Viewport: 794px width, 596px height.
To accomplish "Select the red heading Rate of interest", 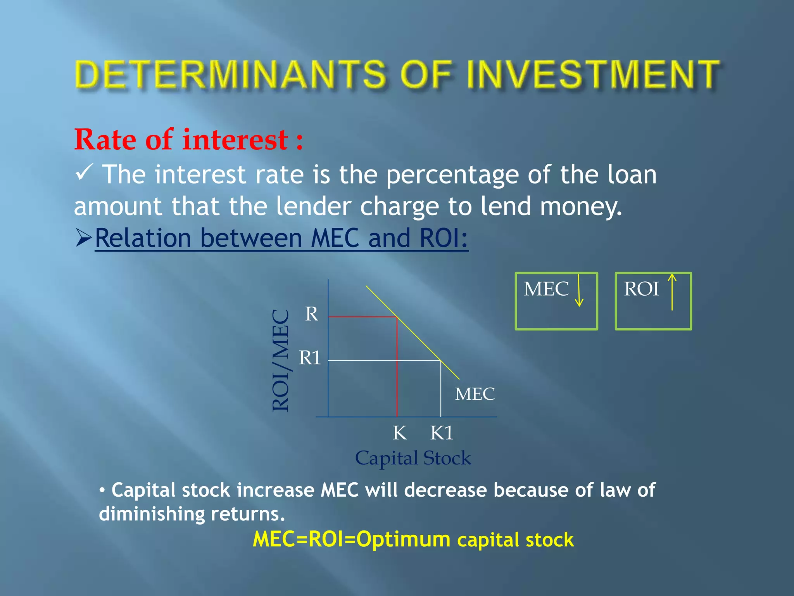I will [x=188, y=140].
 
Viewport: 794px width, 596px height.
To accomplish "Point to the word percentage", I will [x=452, y=175].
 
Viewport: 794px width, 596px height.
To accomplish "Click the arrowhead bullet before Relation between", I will [x=84, y=238].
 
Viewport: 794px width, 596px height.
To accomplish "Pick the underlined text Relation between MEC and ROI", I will [x=281, y=238].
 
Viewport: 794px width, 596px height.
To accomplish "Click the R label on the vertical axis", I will [x=311, y=314].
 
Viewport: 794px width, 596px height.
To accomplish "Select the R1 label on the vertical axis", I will [x=310, y=358].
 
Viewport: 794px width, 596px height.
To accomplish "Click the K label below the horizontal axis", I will [x=400, y=433].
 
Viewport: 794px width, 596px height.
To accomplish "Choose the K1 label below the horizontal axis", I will [x=442, y=433].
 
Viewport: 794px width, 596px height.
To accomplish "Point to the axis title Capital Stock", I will [x=413, y=458].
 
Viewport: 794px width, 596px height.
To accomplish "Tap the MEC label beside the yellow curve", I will [x=475, y=394].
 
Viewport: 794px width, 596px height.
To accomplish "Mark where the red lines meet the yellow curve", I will [x=397, y=317].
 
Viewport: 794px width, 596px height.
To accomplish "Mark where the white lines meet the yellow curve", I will [x=441, y=361].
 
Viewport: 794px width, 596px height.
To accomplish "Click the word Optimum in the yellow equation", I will [x=403, y=539].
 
